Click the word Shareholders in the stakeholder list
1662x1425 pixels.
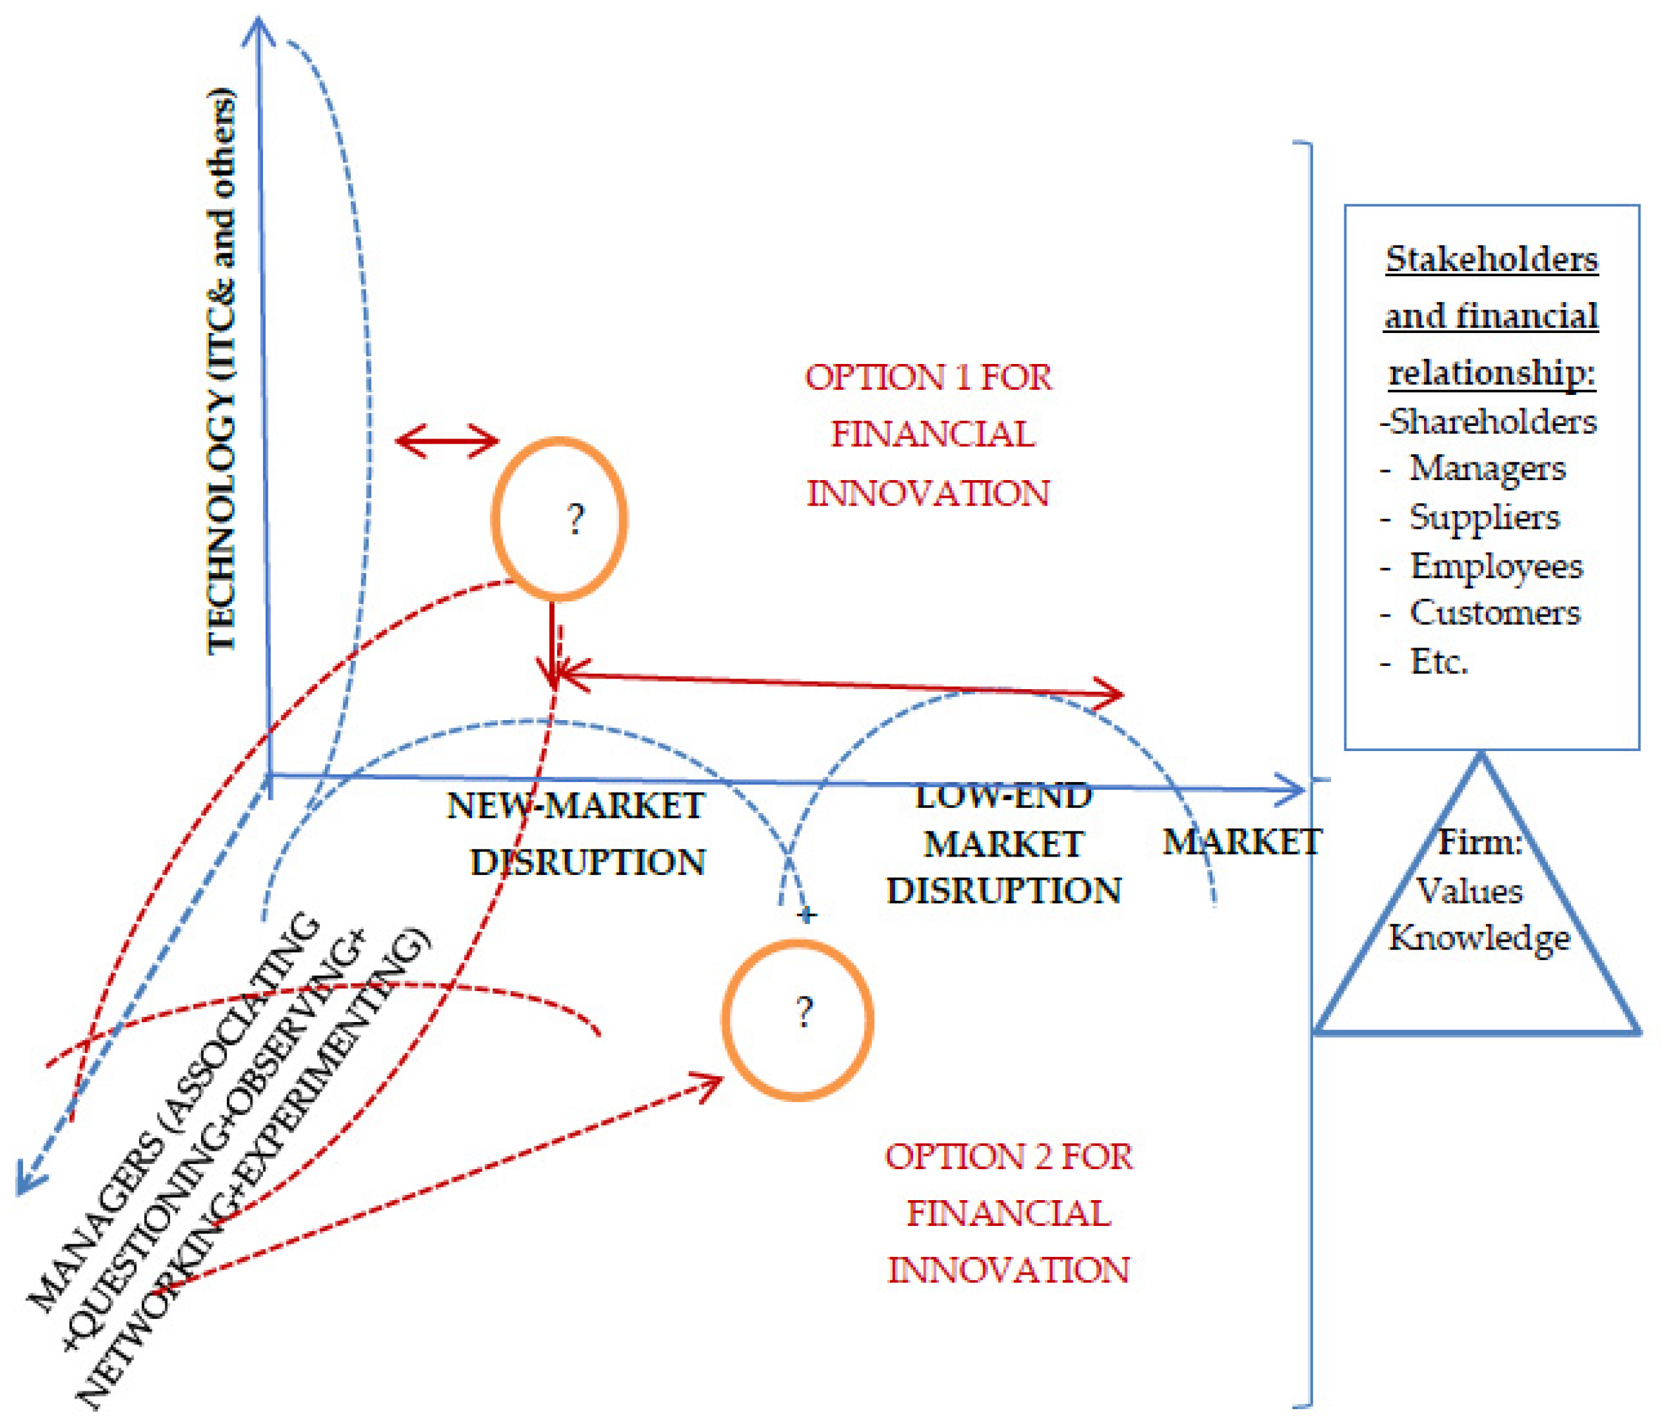[x=1493, y=422]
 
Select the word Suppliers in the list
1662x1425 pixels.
[x=1485, y=518]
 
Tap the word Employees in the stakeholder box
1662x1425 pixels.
[x=1497, y=566]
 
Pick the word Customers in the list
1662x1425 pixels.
[x=1495, y=613]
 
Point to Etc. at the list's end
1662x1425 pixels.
[x=1439, y=662]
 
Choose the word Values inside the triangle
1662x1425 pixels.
[x=1469, y=892]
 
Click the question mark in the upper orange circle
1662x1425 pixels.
[x=575, y=520]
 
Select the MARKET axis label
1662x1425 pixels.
[x=1241, y=843]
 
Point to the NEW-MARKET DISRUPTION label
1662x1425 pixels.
[x=578, y=834]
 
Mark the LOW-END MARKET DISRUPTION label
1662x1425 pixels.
[x=1003, y=843]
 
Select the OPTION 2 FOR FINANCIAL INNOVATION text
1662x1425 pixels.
[x=1009, y=1213]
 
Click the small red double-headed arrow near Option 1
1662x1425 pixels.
[x=447, y=440]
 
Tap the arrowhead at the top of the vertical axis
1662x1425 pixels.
[x=259, y=28]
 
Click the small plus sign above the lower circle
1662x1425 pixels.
[x=808, y=915]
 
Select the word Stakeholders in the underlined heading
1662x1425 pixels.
[x=1492, y=259]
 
